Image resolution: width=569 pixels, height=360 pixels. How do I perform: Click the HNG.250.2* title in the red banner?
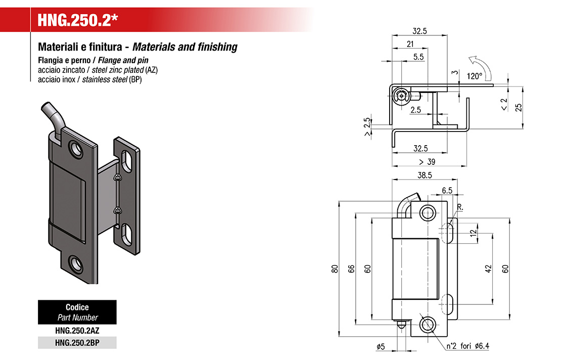78,20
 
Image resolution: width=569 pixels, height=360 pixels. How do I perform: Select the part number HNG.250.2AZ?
77,331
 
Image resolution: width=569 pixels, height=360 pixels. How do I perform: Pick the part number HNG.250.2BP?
77,343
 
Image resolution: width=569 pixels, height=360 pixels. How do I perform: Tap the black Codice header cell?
77,312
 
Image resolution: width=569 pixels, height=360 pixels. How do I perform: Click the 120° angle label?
475,76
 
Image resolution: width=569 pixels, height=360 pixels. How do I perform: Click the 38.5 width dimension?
424,175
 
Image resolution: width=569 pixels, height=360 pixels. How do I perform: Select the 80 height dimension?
335,269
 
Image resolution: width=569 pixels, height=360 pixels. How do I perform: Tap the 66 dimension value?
351,269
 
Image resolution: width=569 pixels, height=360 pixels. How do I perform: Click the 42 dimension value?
489,269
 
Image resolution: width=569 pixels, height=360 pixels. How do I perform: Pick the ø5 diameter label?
381,346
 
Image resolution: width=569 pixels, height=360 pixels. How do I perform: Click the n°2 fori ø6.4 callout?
468,346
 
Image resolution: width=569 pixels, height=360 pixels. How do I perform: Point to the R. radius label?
460,207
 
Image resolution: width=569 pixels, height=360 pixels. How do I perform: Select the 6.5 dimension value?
447,191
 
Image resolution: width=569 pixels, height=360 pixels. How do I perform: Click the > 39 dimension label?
427,162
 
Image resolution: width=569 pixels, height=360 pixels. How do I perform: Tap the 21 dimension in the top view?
410,44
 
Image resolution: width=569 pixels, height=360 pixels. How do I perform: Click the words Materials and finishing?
185,47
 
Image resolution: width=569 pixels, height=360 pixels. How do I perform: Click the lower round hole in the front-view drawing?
428,325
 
